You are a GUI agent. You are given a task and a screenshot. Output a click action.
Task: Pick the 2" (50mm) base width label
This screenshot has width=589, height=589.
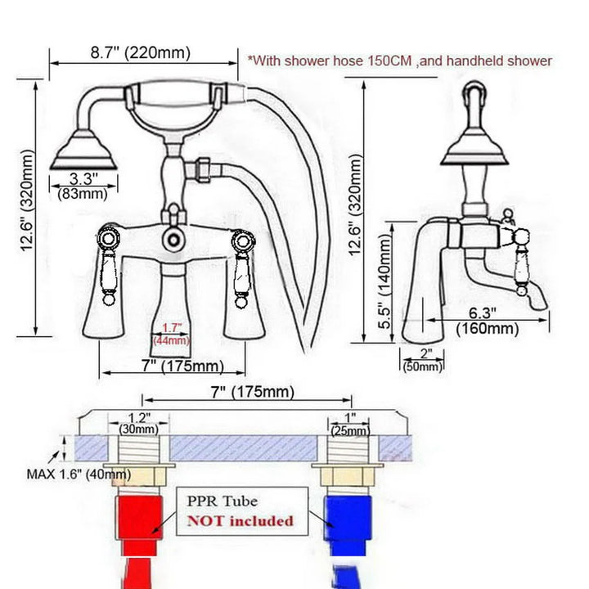tap(421, 361)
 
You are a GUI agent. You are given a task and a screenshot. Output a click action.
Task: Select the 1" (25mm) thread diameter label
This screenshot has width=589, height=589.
tap(349, 422)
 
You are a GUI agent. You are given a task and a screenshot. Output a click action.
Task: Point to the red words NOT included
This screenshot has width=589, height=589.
tap(241, 520)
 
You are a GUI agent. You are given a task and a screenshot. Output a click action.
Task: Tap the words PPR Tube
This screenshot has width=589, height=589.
tap(223, 500)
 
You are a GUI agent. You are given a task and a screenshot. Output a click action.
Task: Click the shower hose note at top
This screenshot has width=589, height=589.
tap(400, 61)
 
